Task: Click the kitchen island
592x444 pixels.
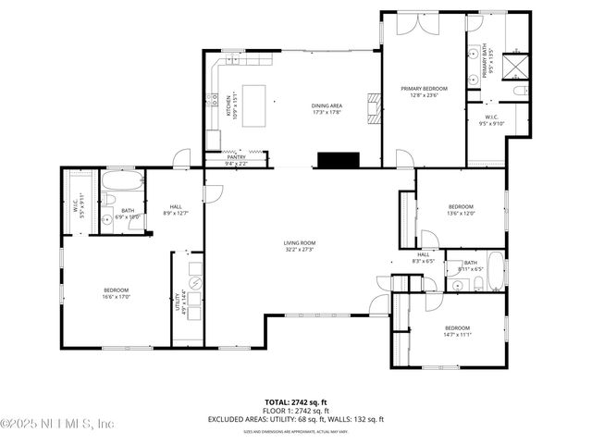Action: pos(253,99)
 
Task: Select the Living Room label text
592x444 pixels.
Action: pos(299,246)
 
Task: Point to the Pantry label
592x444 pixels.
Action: pos(237,157)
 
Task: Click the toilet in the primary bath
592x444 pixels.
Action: pos(520,91)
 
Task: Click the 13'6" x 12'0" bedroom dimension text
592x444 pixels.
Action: pos(461,213)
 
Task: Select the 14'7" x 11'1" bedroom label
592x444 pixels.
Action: pos(458,335)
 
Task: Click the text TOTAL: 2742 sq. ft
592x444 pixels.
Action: pos(296,401)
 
